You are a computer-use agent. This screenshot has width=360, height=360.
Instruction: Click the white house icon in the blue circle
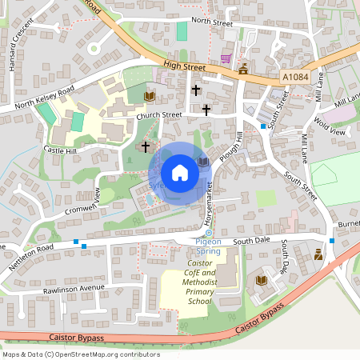coord(180,172)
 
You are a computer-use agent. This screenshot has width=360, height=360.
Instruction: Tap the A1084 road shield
coord(296,77)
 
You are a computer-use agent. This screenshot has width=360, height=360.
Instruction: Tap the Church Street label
coord(159,115)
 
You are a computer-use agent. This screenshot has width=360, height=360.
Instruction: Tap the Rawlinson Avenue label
coord(75,288)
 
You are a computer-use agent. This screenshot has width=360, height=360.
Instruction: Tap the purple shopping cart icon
coord(226,57)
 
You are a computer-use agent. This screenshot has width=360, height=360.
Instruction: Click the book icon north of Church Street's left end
coord(148,97)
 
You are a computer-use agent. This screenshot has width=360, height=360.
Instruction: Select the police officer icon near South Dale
coord(318,254)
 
